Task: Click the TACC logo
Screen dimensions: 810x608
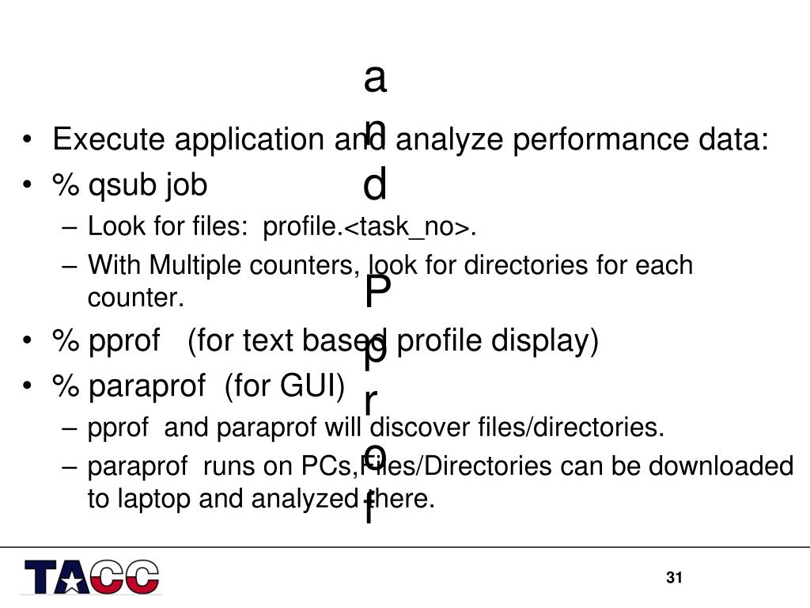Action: pyautogui.click(x=91, y=577)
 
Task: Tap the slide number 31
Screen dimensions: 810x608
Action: pyautogui.click(x=674, y=578)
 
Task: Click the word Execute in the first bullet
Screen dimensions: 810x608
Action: pyautogui.click(x=110, y=140)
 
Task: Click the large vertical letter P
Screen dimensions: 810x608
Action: pyautogui.click(x=377, y=294)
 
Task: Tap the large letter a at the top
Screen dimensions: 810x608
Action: pyautogui.click(x=375, y=78)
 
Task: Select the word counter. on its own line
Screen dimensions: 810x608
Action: pyautogui.click(x=135, y=298)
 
